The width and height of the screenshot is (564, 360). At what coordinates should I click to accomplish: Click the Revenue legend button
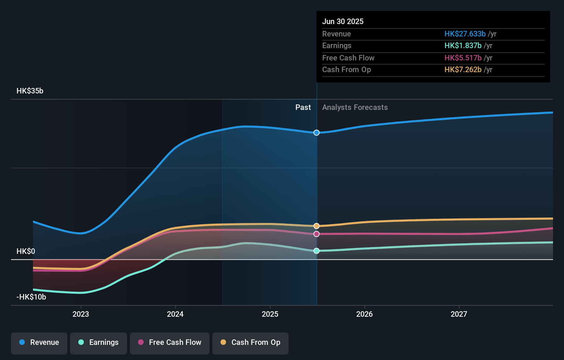39,343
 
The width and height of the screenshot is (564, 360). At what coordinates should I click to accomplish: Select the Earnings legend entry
99,343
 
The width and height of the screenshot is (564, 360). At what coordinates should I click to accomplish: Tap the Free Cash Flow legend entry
170,343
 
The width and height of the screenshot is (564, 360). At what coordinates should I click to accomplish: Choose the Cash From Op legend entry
250,343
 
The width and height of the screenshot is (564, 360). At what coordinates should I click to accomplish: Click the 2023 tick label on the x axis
81,314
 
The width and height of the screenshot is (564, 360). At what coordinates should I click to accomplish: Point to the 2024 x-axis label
175,314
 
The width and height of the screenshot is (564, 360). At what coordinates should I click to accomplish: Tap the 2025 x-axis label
270,314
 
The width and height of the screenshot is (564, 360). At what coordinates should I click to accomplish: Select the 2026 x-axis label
364,314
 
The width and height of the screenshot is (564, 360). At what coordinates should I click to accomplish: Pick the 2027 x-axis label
459,314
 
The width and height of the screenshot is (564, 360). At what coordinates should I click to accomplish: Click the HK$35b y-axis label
30,91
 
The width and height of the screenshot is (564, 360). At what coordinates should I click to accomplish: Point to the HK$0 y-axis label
26,251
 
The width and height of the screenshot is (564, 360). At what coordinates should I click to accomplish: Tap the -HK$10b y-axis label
31,297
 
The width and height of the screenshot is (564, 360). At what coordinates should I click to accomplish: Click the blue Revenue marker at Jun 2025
317,133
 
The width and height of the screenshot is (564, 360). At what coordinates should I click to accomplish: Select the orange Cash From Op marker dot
317,226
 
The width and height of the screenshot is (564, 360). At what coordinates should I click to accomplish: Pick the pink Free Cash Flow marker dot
317,234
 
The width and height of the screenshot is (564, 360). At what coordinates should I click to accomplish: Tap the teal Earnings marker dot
317,251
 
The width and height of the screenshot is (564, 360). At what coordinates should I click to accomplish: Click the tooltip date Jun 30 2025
343,22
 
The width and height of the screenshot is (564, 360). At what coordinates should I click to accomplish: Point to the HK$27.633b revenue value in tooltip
465,34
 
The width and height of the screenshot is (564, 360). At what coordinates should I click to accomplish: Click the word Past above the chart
303,108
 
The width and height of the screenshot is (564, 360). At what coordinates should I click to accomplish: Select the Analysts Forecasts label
355,108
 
